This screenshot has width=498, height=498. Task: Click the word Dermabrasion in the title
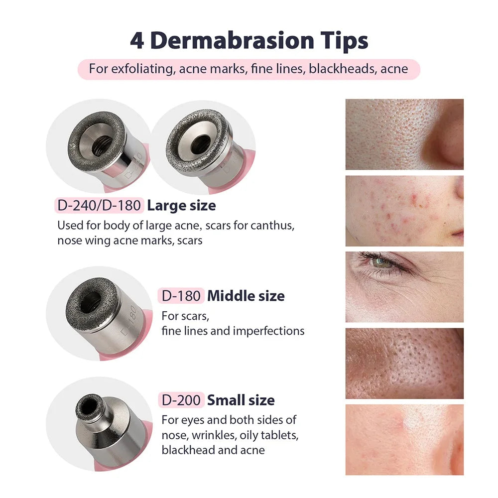click(232, 40)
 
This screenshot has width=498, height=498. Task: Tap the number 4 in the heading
click(137, 40)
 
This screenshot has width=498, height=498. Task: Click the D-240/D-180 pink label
click(99, 205)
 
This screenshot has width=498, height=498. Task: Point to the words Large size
click(181, 205)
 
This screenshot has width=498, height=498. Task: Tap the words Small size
click(241, 400)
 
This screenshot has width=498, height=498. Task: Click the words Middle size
click(246, 296)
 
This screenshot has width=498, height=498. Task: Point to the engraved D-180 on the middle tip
click(128, 324)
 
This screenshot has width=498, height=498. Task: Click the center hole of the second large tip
click(200, 143)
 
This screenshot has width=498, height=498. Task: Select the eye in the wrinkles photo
click(382, 262)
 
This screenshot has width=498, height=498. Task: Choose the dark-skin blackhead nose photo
click(404, 363)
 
